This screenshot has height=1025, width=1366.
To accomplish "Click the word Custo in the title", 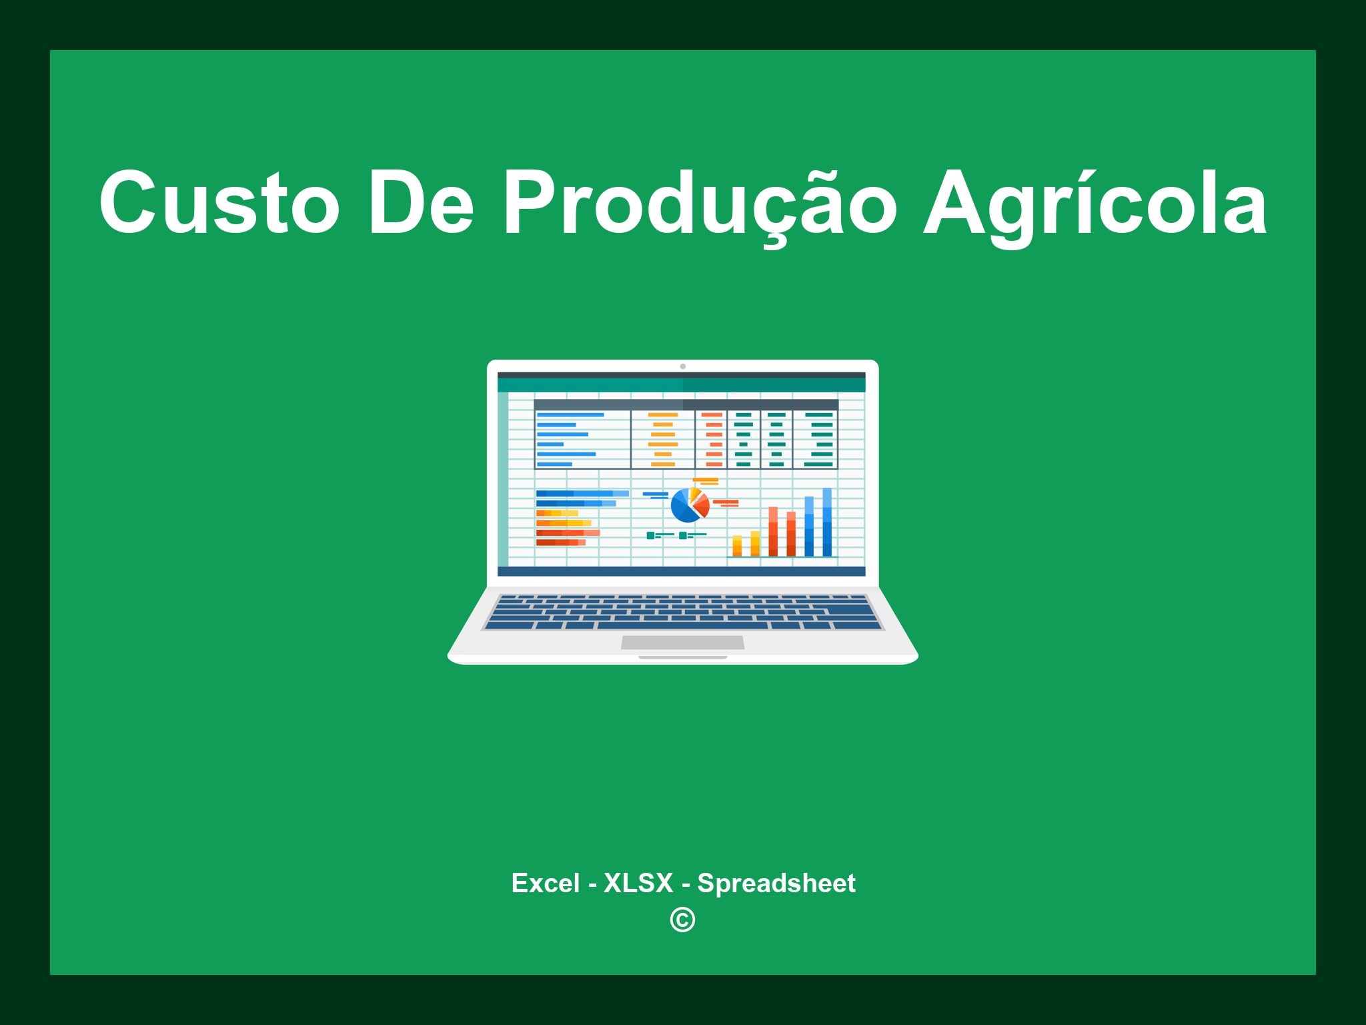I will coord(219,203).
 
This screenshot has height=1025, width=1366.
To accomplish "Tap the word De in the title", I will coord(421,203).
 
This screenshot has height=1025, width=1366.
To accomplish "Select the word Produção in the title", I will coord(700,203).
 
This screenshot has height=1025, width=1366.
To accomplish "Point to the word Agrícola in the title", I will coord(1095,203).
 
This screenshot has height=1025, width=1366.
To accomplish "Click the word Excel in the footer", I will coord(545,883).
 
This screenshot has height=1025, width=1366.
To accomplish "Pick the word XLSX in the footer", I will coord(638,883).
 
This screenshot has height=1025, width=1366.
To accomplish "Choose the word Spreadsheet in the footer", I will coord(776,883).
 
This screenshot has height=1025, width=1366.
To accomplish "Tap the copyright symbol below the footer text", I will coord(682,920).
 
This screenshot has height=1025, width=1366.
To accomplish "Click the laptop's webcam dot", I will coord(682,366).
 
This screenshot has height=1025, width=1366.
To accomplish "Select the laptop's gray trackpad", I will coord(682,642).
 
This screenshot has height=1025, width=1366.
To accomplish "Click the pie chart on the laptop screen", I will coord(689,506).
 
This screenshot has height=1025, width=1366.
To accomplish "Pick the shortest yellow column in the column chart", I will coord(737,546).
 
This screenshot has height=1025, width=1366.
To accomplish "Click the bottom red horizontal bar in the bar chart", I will coord(560,543).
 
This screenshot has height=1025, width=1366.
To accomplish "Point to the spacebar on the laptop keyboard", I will coord(682,626).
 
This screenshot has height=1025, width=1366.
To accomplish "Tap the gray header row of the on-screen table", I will coord(686,405).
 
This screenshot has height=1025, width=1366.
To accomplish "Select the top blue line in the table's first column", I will coord(570,415).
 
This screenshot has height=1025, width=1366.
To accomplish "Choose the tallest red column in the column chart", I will coord(773,531).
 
